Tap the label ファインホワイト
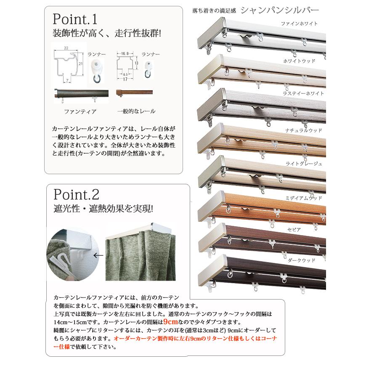299,24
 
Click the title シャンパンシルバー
280,9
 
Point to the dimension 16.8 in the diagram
122,54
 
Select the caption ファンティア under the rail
80,111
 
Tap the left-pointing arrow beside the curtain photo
98,255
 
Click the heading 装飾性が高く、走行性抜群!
107,33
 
